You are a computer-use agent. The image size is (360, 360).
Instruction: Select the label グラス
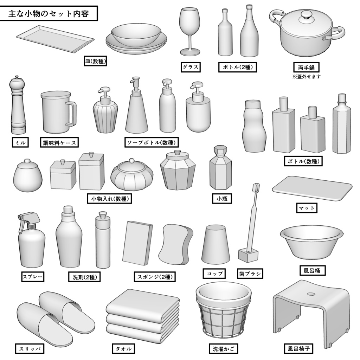coord(191,67)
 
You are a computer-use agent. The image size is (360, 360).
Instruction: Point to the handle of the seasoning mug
coord(71,113)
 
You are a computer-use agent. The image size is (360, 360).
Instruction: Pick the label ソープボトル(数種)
coord(152,142)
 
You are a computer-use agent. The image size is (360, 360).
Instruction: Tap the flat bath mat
coord(312,188)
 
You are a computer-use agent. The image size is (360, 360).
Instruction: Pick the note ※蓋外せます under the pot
coord(307,77)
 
